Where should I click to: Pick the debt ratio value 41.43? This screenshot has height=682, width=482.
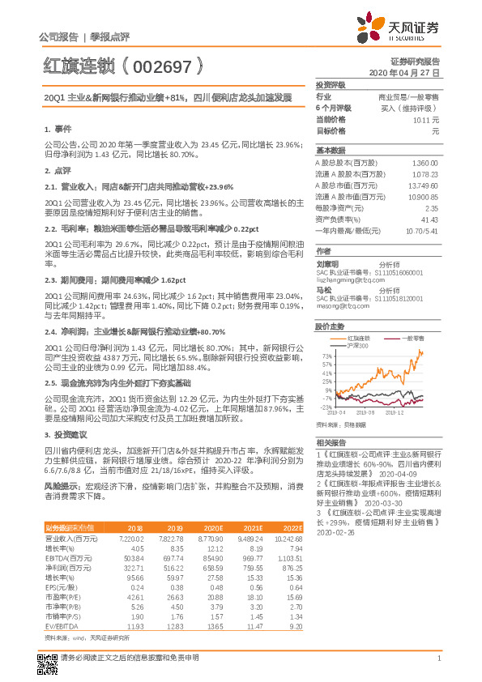(x=429, y=219)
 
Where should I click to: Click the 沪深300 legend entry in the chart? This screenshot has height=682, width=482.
(x=357, y=345)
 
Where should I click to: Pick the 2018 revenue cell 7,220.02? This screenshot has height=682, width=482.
(x=131, y=537)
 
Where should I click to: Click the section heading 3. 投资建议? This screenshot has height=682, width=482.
(x=66, y=435)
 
